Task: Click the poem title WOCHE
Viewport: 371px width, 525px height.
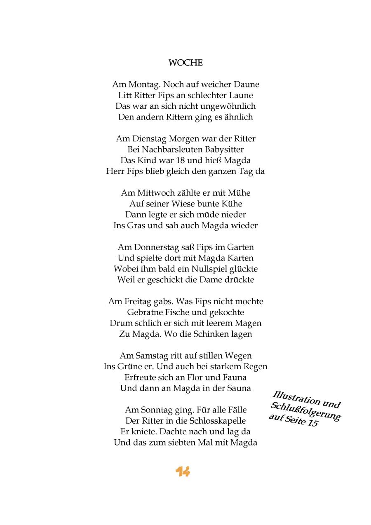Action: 185,63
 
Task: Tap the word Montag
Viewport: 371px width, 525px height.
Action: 144,84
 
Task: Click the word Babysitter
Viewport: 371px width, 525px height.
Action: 223,149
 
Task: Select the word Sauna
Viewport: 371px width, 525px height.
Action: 237,388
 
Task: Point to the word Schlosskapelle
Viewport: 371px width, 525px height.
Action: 218,421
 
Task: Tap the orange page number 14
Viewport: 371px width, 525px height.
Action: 183,472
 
